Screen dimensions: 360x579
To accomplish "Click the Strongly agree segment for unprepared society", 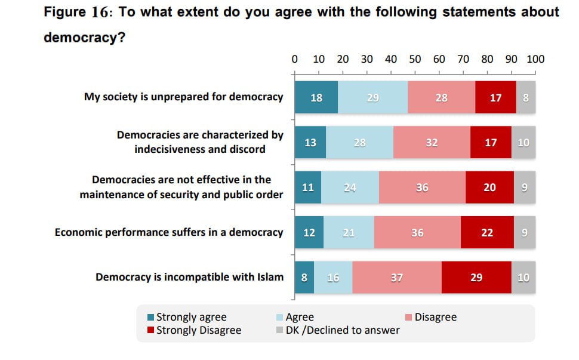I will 316,97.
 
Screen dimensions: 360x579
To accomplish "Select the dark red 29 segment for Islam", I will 476,277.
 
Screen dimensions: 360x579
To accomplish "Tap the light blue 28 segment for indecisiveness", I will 359,143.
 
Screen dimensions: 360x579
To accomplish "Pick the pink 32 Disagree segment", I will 432,143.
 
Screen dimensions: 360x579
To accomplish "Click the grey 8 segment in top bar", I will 525,97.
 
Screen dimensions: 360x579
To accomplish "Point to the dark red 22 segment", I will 487,232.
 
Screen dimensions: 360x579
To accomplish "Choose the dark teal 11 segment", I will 308,187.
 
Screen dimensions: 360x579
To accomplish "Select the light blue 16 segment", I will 333,277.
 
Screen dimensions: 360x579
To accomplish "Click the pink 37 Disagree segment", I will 397,277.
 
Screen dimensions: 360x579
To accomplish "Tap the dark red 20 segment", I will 489,187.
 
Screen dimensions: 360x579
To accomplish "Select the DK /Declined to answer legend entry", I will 338,330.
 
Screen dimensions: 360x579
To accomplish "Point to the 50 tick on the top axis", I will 415,59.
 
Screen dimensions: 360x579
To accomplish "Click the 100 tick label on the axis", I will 535,59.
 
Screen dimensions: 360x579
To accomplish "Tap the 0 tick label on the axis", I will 294,59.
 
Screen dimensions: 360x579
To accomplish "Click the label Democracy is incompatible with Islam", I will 189,277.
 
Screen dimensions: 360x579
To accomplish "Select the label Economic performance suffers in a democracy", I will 169,232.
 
